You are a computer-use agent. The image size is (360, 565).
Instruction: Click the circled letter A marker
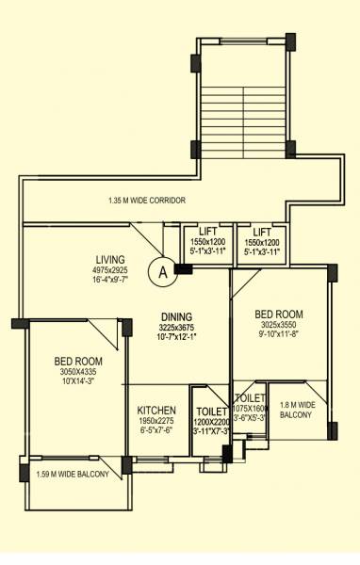[x=163, y=273]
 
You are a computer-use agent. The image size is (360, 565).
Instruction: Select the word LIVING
[x=112, y=259]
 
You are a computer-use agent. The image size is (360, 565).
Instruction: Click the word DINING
[x=176, y=316]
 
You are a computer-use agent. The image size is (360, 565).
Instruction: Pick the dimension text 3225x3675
[x=177, y=327]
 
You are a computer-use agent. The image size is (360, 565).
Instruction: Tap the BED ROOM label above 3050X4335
[x=78, y=361]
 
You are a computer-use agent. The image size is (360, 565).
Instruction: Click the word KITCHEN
[x=157, y=411]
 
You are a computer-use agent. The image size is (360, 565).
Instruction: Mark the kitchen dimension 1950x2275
[x=157, y=421]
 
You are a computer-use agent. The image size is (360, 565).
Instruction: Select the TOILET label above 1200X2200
[x=211, y=411]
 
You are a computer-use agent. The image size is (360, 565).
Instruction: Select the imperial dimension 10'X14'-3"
[x=78, y=381]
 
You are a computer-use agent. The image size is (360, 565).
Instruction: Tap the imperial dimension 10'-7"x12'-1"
[x=177, y=337]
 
